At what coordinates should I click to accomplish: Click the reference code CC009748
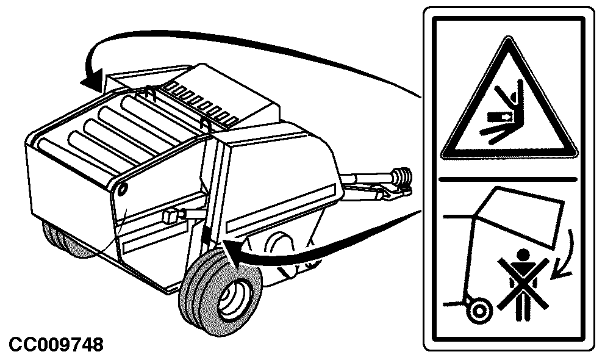tap(56, 345)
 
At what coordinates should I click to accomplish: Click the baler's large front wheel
tap(221, 292)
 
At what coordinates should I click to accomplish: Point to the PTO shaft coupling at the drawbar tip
tap(402, 179)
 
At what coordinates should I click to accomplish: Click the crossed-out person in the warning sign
tap(523, 284)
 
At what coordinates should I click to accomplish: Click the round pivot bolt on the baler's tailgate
tap(123, 189)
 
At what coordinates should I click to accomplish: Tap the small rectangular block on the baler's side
tap(170, 217)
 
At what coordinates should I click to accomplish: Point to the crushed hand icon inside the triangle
tap(501, 116)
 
